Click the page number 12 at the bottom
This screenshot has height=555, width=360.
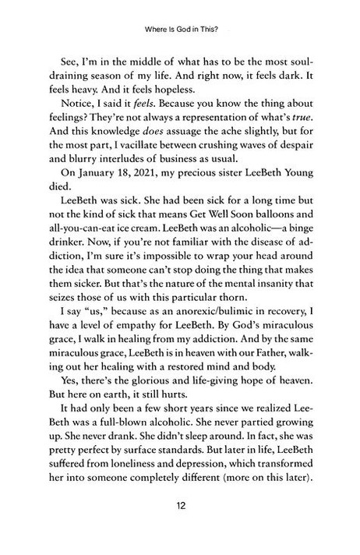[x=180, y=527]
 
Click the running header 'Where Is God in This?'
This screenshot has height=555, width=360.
[x=180, y=33]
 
